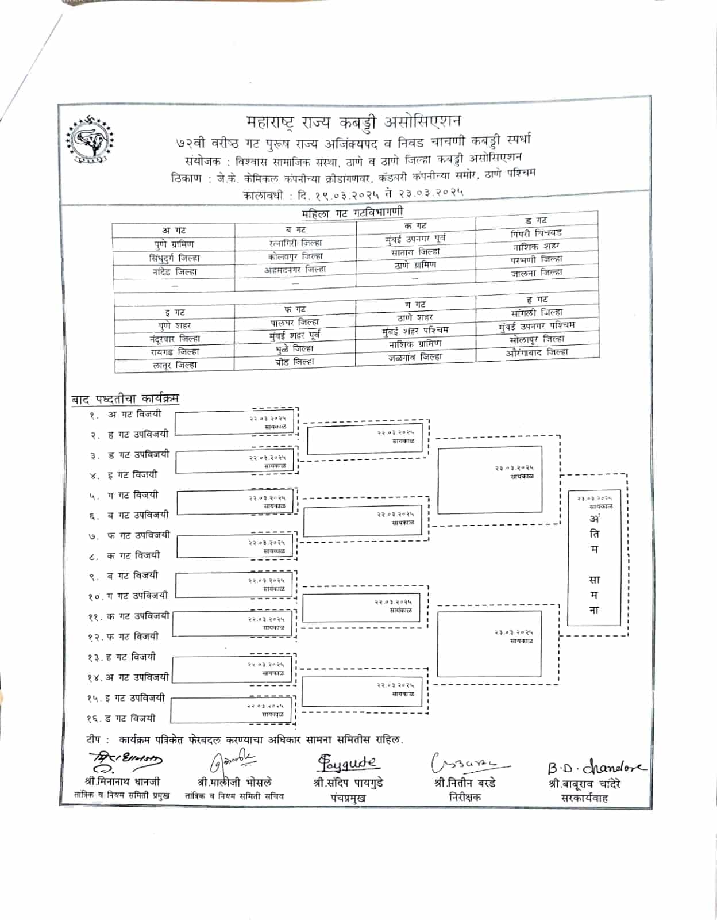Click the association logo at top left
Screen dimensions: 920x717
(x=90, y=140)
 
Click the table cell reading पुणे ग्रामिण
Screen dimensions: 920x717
(x=174, y=244)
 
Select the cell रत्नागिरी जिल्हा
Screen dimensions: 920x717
(x=295, y=243)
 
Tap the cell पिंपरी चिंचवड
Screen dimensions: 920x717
(x=535, y=233)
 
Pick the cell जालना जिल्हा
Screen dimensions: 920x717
(x=536, y=273)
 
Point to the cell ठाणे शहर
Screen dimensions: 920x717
(x=415, y=317)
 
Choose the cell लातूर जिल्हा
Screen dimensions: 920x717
(x=174, y=365)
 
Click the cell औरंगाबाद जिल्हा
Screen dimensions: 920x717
(x=537, y=352)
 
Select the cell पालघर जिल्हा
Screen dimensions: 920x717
(x=294, y=323)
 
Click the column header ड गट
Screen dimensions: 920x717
(x=535, y=220)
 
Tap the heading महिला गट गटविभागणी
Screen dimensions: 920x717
(x=352, y=213)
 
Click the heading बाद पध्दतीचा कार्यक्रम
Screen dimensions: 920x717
(x=125, y=398)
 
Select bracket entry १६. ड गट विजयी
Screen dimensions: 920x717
(x=122, y=718)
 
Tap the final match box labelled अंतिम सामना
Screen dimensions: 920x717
(x=594, y=558)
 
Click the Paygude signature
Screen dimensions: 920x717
(x=348, y=764)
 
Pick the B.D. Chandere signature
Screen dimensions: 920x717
(x=595, y=767)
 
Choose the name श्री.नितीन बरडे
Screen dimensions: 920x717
(x=464, y=783)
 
